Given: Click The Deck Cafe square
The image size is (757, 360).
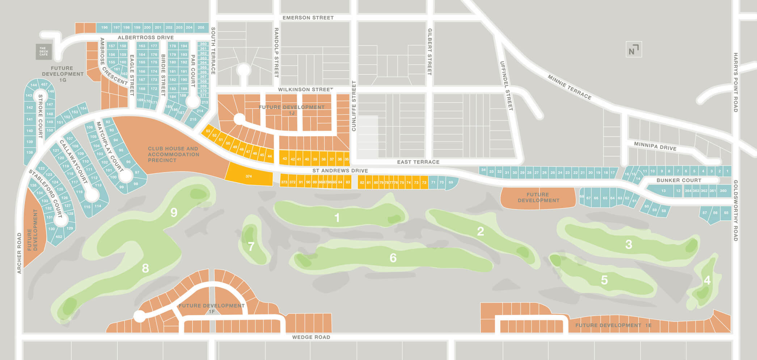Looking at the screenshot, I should pyautogui.click(x=43, y=52).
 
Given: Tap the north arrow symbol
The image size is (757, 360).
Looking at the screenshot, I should pyautogui.click(x=634, y=50).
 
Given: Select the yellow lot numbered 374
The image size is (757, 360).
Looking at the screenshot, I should pyautogui.click(x=249, y=176).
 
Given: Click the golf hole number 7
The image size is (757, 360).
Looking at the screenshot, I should pyautogui.click(x=251, y=247).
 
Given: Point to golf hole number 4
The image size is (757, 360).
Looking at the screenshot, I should pyautogui.click(x=707, y=280).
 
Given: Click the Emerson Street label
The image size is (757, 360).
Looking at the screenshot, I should pyautogui.click(x=308, y=18).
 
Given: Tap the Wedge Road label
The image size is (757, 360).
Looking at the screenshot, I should pyautogui.click(x=311, y=337).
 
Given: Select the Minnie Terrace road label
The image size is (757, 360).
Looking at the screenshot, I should pyautogui.click(x=569, y=87).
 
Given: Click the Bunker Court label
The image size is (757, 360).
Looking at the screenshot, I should pyautogui.click(x=678, y=180).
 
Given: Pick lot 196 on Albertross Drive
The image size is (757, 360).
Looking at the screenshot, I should pyautogui.click(x=105, y=27).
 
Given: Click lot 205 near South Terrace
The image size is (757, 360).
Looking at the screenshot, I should pyautogui.click(x=201, y=27).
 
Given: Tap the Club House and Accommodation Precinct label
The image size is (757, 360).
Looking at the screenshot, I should pyautogui.click(x=173, y=154).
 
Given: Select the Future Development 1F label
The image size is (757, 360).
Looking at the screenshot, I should pyautogui.click(x=212, y=308).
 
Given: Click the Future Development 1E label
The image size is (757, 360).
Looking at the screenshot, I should pyautogui.click(x=613, y=325).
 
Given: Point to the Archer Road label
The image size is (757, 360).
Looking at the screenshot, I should pyautogui.click(x=19, y=253).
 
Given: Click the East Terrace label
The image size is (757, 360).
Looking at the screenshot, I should pyautogui.click(x=418, y=162).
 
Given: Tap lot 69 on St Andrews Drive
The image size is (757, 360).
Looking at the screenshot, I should pyautogui.click(x=451, y=182).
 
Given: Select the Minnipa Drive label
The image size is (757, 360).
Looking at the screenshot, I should pyautogui.click(x=655, y=146).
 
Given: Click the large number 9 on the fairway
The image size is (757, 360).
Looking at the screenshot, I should pyautogui.click(x=174, y=212).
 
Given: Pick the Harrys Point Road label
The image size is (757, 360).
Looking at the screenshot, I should pyautogui.click(x=736, y=82).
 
